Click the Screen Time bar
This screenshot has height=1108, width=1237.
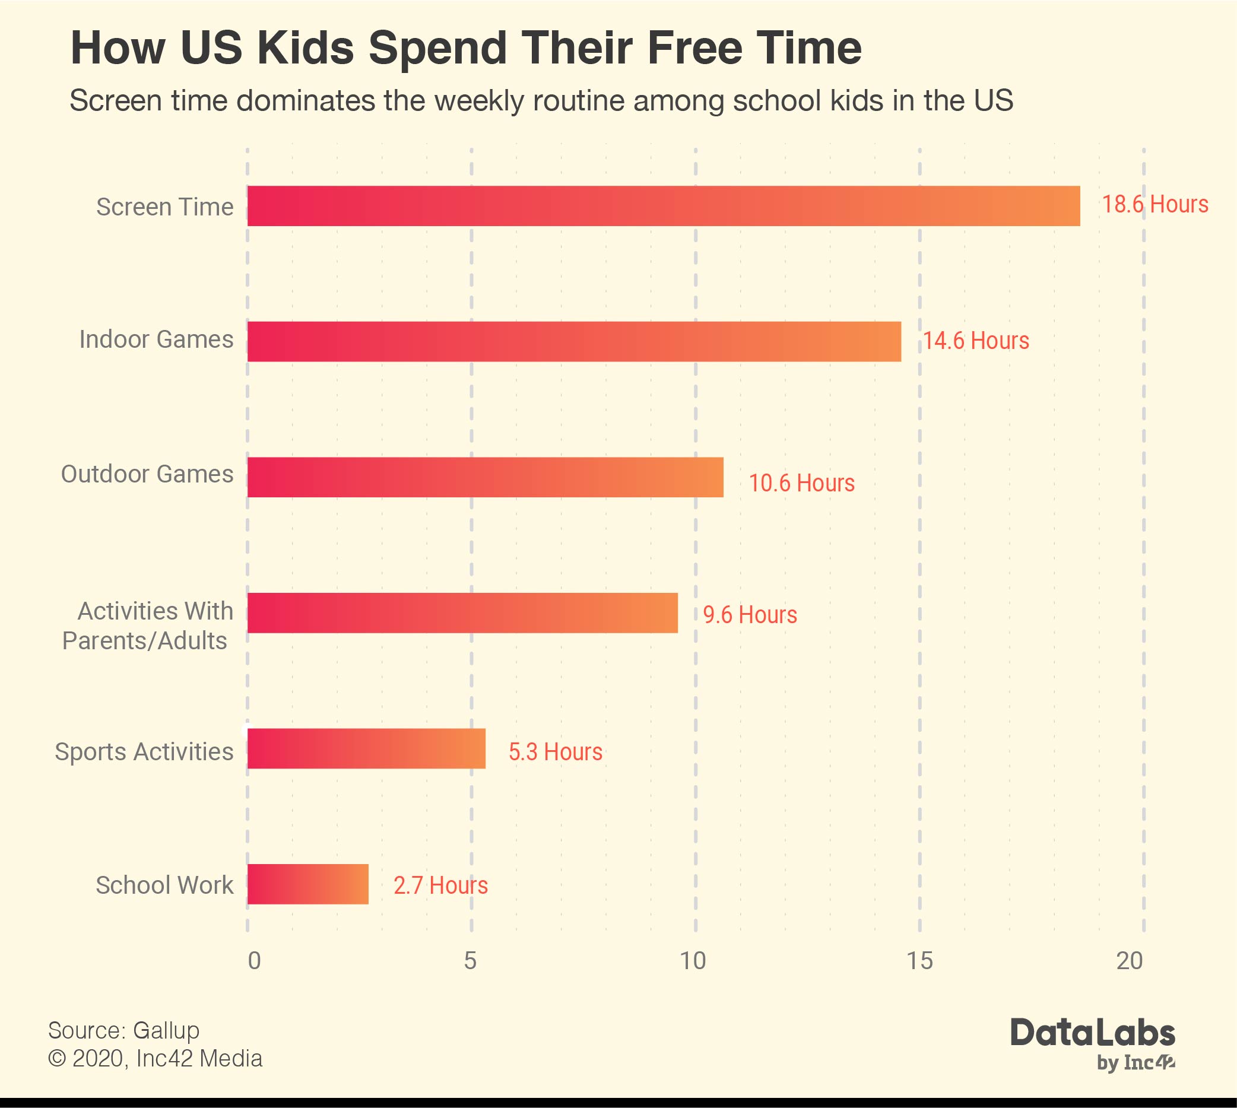[x=664, y=206]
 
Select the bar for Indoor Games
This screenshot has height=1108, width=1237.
[x=574, y=341]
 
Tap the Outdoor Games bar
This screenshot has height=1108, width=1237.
[x=485, y=477]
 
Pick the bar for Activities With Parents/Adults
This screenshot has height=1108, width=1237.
[x=462, y=613]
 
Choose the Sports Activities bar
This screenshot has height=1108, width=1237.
[x=366, y=749]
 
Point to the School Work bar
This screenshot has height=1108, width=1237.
[x=308, y=884]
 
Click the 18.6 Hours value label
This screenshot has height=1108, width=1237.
[x=1155, y=205]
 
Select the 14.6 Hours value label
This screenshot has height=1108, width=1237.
[x=976, y=341]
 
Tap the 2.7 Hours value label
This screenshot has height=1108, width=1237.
[x=441, y=885]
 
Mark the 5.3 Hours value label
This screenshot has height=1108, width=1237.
[x=555, y=752]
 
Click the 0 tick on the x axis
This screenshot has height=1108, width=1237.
[x=254, y=961]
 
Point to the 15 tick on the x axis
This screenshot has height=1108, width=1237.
[x=919, y=961]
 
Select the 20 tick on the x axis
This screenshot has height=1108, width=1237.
[x=1129, y=961]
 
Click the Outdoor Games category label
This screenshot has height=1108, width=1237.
[x=147, y=474]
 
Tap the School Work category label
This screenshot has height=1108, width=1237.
[x=164, y=885]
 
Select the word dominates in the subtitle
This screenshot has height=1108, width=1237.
[x=305, y=100]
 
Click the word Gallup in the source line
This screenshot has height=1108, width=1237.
[x=166, y=1031]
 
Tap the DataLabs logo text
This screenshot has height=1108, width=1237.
[x=1093, y=1033]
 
